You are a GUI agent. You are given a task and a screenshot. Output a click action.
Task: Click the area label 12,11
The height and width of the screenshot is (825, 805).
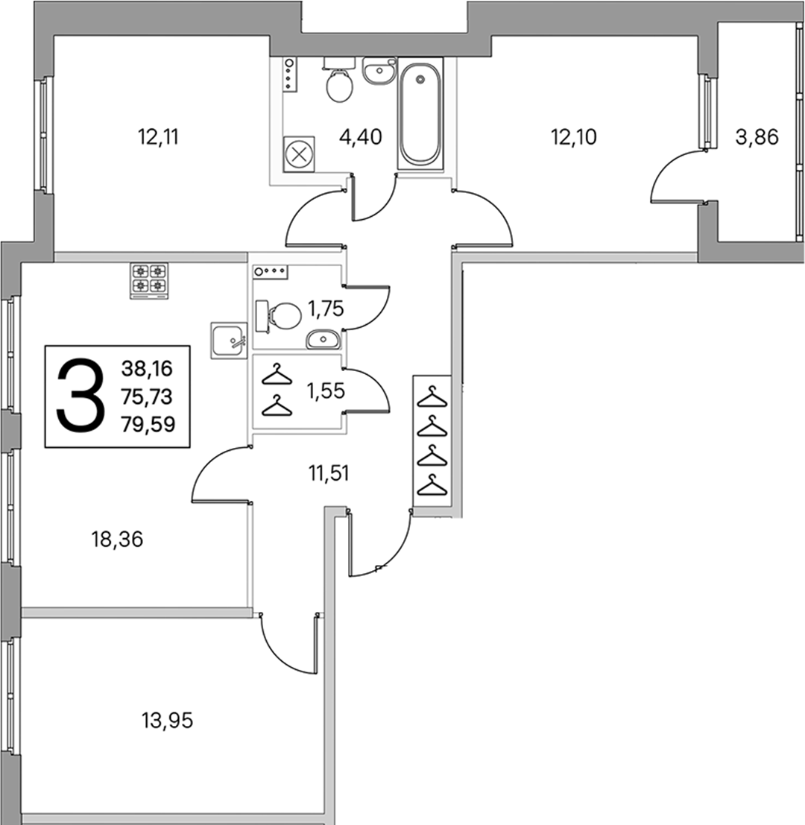pyautogui.click(x=158, y=137)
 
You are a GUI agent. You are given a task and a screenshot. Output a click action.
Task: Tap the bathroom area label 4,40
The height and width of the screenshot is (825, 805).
pyautogui.click(x=361, y=137)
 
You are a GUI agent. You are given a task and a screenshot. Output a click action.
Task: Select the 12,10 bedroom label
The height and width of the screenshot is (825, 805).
pyautogui.click(x=573, y=137)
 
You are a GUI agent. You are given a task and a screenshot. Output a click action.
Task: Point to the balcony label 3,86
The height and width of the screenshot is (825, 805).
pyautogui.click(x=757, y=137)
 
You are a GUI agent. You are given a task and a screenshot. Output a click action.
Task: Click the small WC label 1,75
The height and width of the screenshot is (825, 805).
pyautogui.click(x=326, y=309)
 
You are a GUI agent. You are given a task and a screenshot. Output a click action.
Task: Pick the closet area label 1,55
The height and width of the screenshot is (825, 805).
pyautogui.click(x=326, y=391)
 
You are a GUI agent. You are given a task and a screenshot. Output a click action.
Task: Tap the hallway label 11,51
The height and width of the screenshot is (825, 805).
pyautogui.click(x=328, y=473)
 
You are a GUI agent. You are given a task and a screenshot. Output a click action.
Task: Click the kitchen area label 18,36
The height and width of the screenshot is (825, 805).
pyautogui.click(x=117, y=540)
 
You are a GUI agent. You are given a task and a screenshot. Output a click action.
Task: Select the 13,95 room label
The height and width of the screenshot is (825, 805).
pyautogui.click(x=167, y=721)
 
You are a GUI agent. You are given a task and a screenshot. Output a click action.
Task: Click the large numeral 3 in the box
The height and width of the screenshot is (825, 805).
pyautogui.click(x=79, y=395)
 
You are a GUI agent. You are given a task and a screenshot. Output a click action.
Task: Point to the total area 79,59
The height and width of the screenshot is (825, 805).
pyautogui.click(x=148, y=424)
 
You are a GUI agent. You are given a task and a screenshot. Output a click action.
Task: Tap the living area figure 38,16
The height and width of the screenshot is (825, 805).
pyautogui.click(x=147, y=369)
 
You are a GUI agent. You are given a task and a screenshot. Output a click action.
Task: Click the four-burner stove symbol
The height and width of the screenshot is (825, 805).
pyautogui.click(x=149, y=280)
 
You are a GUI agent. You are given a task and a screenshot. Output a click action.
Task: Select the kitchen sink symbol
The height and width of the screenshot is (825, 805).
pyautogui.click(x=229, y=341)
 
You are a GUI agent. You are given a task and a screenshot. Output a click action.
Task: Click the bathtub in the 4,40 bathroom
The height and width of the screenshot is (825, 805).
pyautogui.click(x=420, y=113)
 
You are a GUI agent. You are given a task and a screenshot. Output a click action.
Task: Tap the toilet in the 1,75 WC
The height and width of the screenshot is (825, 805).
pyautogui.click(x=278, y=316)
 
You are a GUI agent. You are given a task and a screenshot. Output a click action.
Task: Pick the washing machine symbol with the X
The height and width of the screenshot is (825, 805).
pyautogui.click(x=300, y=155)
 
